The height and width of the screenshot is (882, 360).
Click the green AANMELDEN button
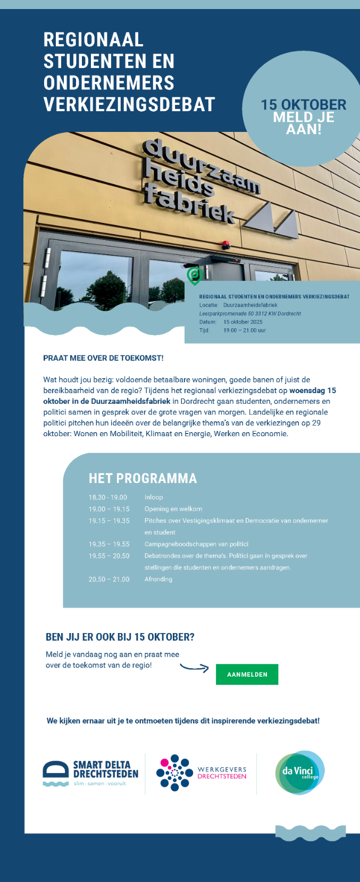click(x=247, y=674)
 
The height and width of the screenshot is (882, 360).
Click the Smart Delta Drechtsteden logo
click(x=90, y=773)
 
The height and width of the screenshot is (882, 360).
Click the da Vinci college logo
click(x=300, y=772)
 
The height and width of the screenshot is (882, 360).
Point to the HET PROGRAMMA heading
click(x=143, y=478)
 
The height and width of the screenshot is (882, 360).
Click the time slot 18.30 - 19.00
click(x=108, y=497)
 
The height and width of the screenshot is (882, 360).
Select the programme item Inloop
click(x=154, y=497)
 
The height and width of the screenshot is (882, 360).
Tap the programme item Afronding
click(x=158, y=579)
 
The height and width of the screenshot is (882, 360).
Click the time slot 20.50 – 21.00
click(x=109, y=579)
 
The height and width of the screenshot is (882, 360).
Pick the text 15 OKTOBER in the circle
click(x=303, y=105)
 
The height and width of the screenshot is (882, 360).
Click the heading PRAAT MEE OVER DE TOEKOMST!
click(x=103, y=358)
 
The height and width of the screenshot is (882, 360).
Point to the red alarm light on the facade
click(x=225, y=245)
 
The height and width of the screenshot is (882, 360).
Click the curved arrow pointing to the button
click(x=195, y=667)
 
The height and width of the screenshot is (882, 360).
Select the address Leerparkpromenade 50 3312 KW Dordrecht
click(x=250, y=313)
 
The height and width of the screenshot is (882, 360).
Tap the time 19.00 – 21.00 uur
click(x=245, y=330)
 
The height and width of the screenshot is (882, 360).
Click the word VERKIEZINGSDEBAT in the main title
click(x=129, y=105)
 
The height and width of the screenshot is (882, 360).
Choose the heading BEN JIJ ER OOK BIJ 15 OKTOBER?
click(x=120, y=637)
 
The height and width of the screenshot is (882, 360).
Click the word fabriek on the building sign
click(x=189, y=204)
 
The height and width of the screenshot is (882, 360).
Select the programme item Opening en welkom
click(x=173, y=509)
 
